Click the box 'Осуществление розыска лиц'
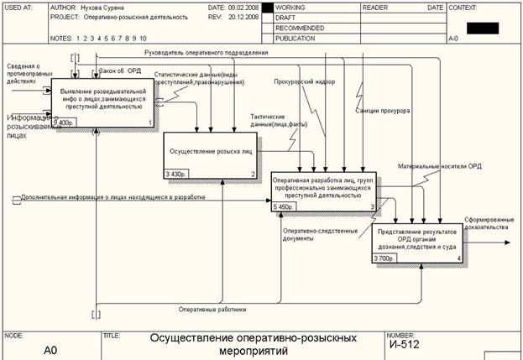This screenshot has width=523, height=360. pyautogui.click(x=210, y=152)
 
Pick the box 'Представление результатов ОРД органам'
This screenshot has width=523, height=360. pyautogui.click(x=417, y=239)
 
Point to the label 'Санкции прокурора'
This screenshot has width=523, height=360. pyautogui.click(x=382, y=111)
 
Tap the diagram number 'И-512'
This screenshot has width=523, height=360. pyautogui.click(x=404, y=343)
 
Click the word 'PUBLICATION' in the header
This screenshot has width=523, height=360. pyautogui.click(x=294, y=38)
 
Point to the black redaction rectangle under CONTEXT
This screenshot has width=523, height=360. pyautogui.click(x=482, y=28)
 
